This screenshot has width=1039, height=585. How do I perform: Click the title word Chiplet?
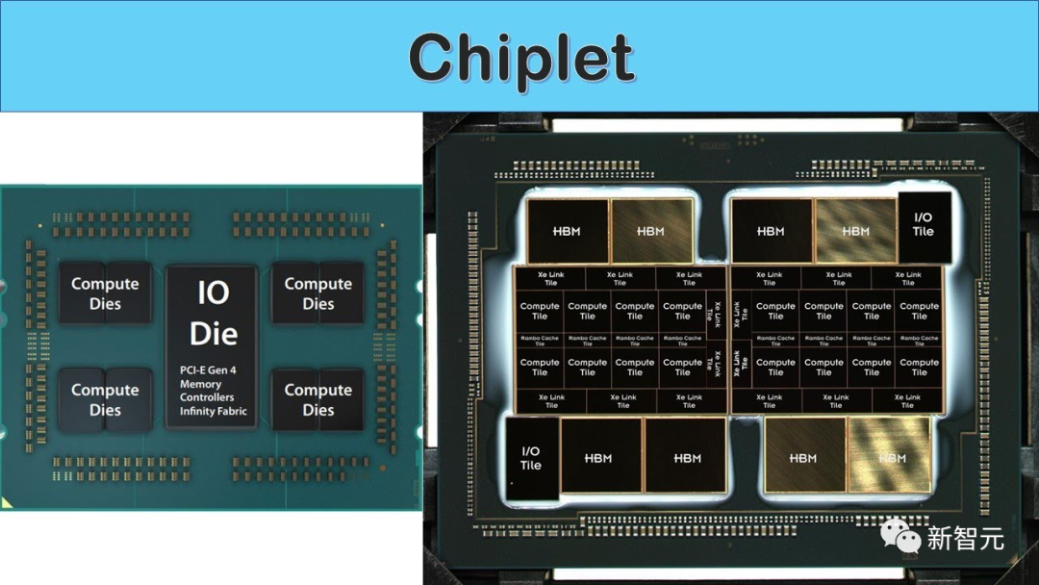[x=520, y=58]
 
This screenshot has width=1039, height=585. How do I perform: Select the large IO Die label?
[x=213, y=314]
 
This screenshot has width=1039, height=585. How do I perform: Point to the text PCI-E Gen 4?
[x=207, y=369]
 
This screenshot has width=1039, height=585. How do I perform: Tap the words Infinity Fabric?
[x=213, y=411]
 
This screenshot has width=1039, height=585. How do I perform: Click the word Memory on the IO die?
[x=200, y=384]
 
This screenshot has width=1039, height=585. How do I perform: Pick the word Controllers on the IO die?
[x=207, y=397]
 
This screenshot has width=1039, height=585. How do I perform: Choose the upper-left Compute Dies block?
[x=105, y=293]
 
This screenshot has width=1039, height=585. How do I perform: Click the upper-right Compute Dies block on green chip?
[x=318, y=293]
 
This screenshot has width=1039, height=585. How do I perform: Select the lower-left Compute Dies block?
[x=105, y=399]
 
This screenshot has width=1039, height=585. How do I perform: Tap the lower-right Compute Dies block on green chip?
[x=318, y=399]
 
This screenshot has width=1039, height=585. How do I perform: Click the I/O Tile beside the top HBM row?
[x=923, y=224]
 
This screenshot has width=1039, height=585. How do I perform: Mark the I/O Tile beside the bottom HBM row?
[x=531, y=458]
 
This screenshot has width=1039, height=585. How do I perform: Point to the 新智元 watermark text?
[x=965, y=538]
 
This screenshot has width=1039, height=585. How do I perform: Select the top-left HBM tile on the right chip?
[x=567, y=231]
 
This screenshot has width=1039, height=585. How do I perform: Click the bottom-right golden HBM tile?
[x=892, y=458]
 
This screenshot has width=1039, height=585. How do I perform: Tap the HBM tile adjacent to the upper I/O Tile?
[x=855, y=231]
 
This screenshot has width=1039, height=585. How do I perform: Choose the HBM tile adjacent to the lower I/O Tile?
[x=598, y=458]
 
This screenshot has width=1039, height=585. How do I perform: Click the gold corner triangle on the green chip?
[x=7, y=502]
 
